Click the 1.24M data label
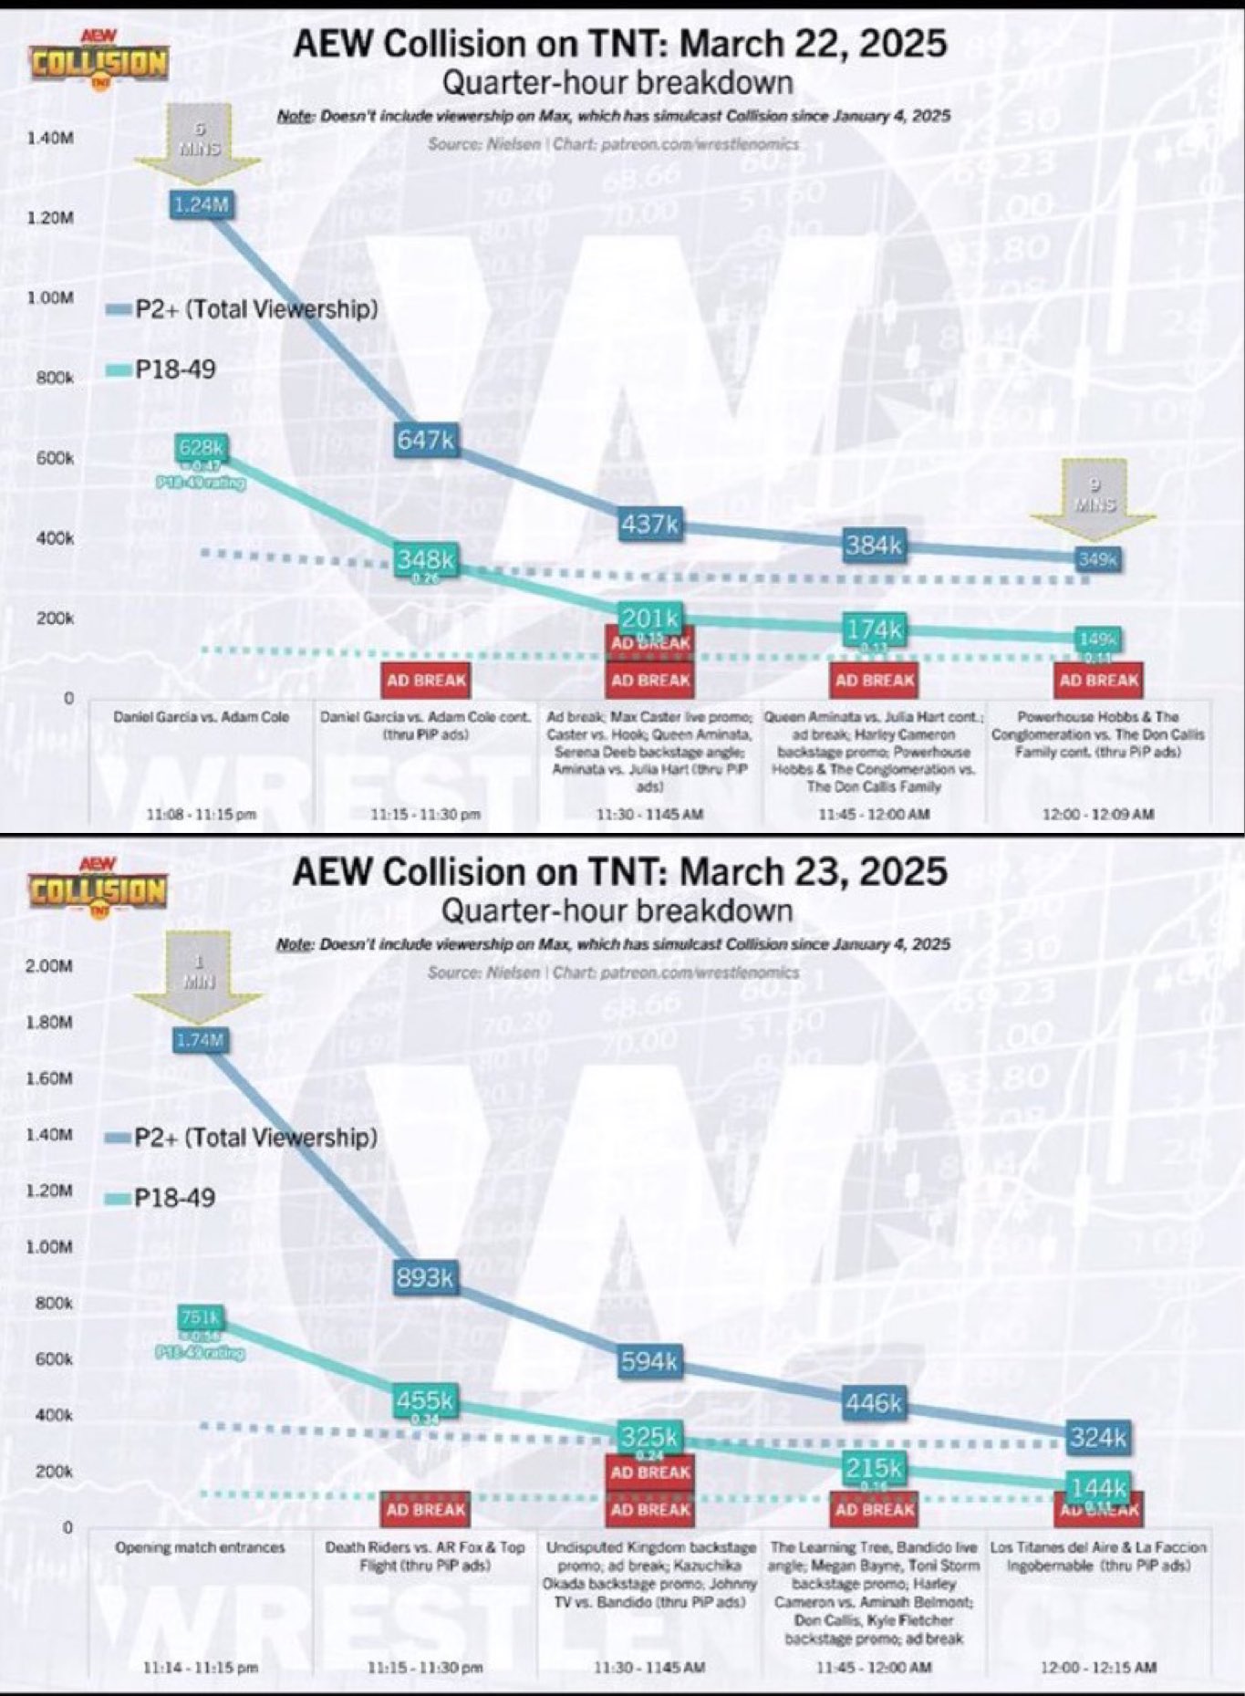pos(201,204)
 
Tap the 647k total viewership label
pos(425,440)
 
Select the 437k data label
pos(650,524)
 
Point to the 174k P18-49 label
pos(874,629)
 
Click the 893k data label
pos(425,1277)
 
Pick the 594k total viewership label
pos(650,1361)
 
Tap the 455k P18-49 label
pos(425,1399)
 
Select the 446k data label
pos(874,1402)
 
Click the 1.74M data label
pos(200,1040)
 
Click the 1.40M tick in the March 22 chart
pos(50,139)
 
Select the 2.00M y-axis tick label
pos(50,966)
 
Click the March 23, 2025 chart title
pos(619,871)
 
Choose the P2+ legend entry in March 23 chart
pos(242,1138)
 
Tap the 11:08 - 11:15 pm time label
pos(201,814)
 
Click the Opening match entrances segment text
pos(201,1547)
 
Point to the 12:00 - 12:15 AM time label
pos(1098,1667)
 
